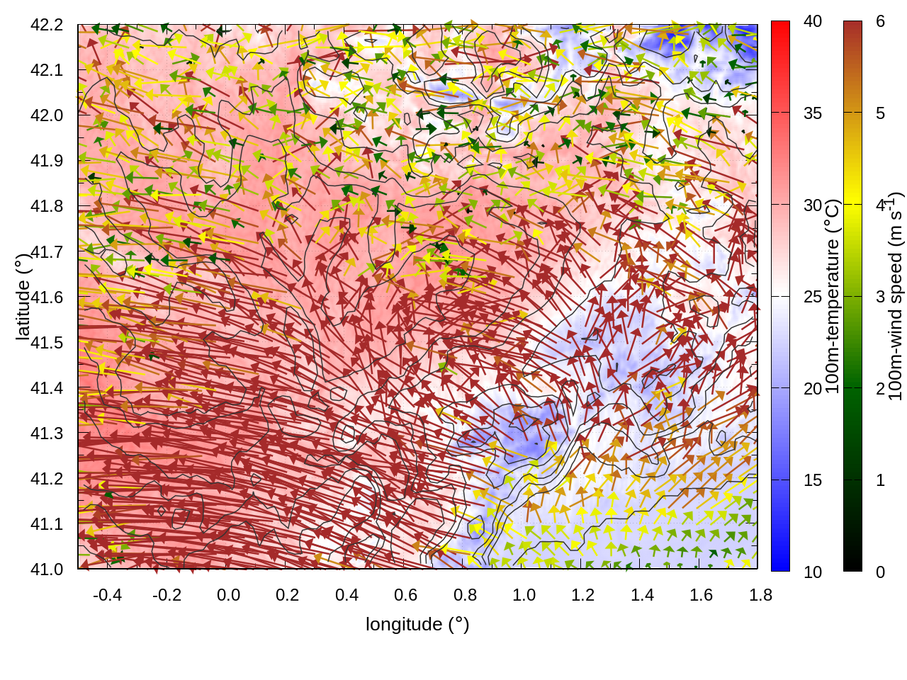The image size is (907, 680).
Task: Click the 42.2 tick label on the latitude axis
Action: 47,25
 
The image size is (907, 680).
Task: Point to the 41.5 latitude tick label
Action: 47,343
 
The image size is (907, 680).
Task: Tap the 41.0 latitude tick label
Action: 47,569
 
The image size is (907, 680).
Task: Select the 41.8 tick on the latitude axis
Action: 47,206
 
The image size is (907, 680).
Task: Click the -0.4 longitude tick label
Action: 107,595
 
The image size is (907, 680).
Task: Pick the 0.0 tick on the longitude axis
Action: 228,595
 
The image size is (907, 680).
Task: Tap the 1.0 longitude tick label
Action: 524,595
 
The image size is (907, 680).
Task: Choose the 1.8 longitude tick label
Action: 760,595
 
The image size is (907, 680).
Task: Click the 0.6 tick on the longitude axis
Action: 405,595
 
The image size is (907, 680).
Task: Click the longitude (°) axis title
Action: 417,624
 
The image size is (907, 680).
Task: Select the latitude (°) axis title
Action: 23,297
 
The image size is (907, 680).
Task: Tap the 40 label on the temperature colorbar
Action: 813,21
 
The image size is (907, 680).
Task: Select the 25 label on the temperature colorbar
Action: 813,297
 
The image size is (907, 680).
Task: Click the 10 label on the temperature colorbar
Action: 813,572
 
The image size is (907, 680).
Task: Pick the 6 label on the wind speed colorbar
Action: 880,21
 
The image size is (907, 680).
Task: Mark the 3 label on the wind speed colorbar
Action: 880,297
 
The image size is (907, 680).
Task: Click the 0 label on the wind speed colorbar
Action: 880,572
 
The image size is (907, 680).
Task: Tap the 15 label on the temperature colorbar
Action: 813,480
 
